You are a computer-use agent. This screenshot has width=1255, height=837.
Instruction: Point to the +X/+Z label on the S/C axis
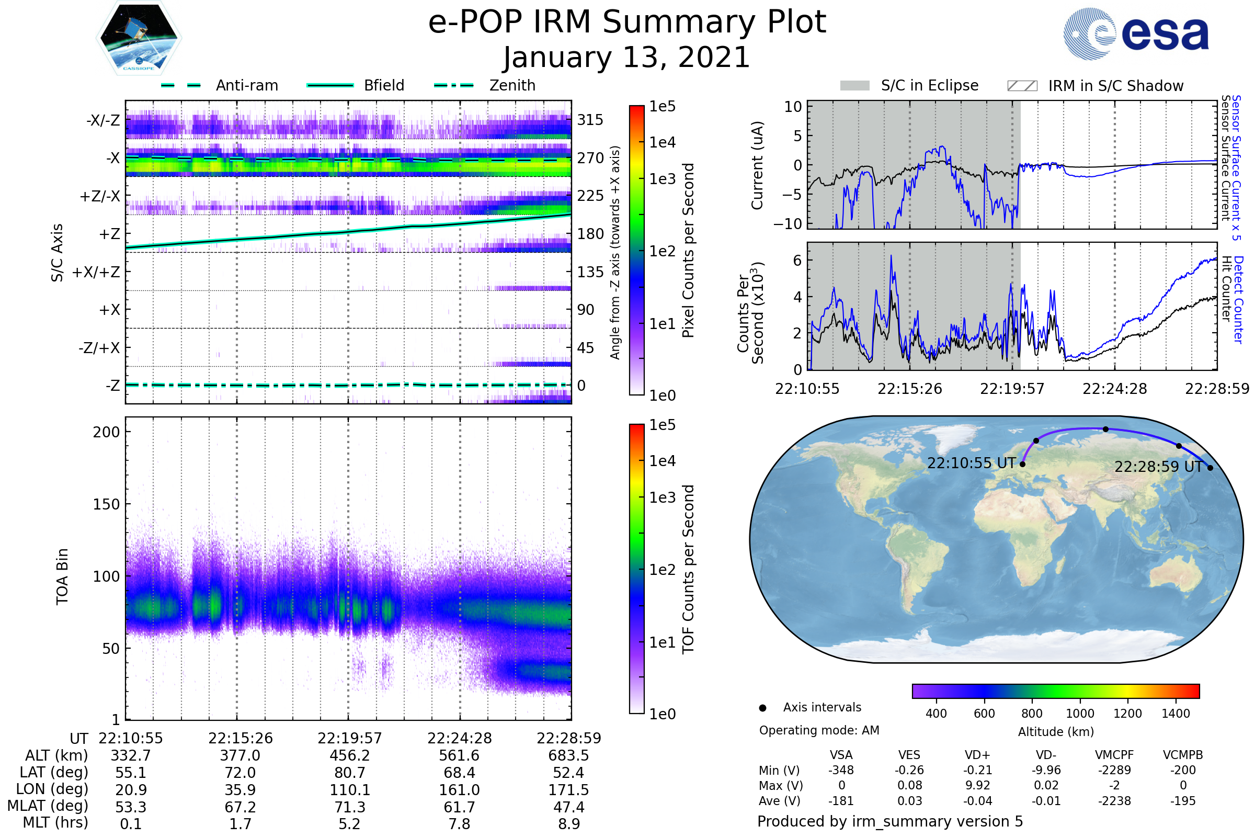coord(96,272)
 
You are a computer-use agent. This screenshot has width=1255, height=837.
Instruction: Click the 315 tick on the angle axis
coord(590,120)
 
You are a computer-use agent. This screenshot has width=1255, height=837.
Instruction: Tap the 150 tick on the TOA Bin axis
coord(106,504)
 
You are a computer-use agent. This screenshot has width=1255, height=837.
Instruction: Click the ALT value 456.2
coord(349,756)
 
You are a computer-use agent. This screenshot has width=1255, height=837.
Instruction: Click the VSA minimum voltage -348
coord(841,770)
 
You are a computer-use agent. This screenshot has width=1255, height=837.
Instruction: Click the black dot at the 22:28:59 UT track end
coord(1210,468)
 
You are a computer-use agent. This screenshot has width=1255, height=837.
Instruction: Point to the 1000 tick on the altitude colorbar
coord(1080,714)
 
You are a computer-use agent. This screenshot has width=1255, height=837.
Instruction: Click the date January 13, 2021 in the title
coord(627,58)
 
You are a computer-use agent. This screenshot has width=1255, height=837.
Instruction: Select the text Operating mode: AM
coord(819,730)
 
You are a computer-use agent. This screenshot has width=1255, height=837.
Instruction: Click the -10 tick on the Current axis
coord(788,224)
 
